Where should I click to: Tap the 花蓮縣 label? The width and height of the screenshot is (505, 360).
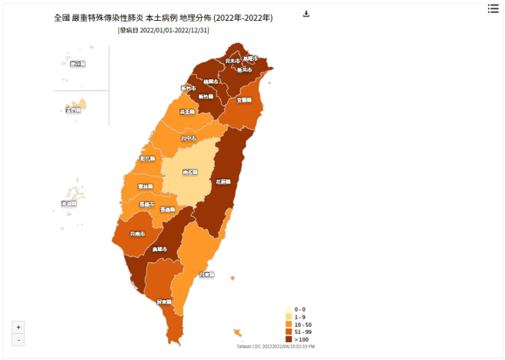click(x=224, y=182)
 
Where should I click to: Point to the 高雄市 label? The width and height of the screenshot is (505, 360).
click(x=159, y=249)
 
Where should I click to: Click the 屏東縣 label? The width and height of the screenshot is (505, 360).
click(x=164, y=302)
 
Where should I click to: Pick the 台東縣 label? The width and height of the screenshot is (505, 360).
click(x=206, y=274)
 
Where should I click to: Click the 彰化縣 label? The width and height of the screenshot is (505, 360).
click(x=147, y=158)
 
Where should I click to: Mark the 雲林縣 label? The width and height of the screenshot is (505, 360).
click(x=145, y=186)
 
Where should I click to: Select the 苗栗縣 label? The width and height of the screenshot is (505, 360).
click(x=187, y=112)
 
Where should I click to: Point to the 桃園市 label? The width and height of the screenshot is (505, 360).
click(x=210, y=81)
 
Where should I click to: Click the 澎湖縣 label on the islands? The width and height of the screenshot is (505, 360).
click(x=69, y=204)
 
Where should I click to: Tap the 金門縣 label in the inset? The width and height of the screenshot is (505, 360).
click(x=73, y=110)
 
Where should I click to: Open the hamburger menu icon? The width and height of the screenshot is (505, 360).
click(x=493, y=8)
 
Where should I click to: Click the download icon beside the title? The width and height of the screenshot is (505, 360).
click(x=306, y=14)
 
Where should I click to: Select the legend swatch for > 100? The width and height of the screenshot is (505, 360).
click(x=289, y=339)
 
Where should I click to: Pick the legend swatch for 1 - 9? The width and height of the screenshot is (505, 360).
click(x=289, y=317)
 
